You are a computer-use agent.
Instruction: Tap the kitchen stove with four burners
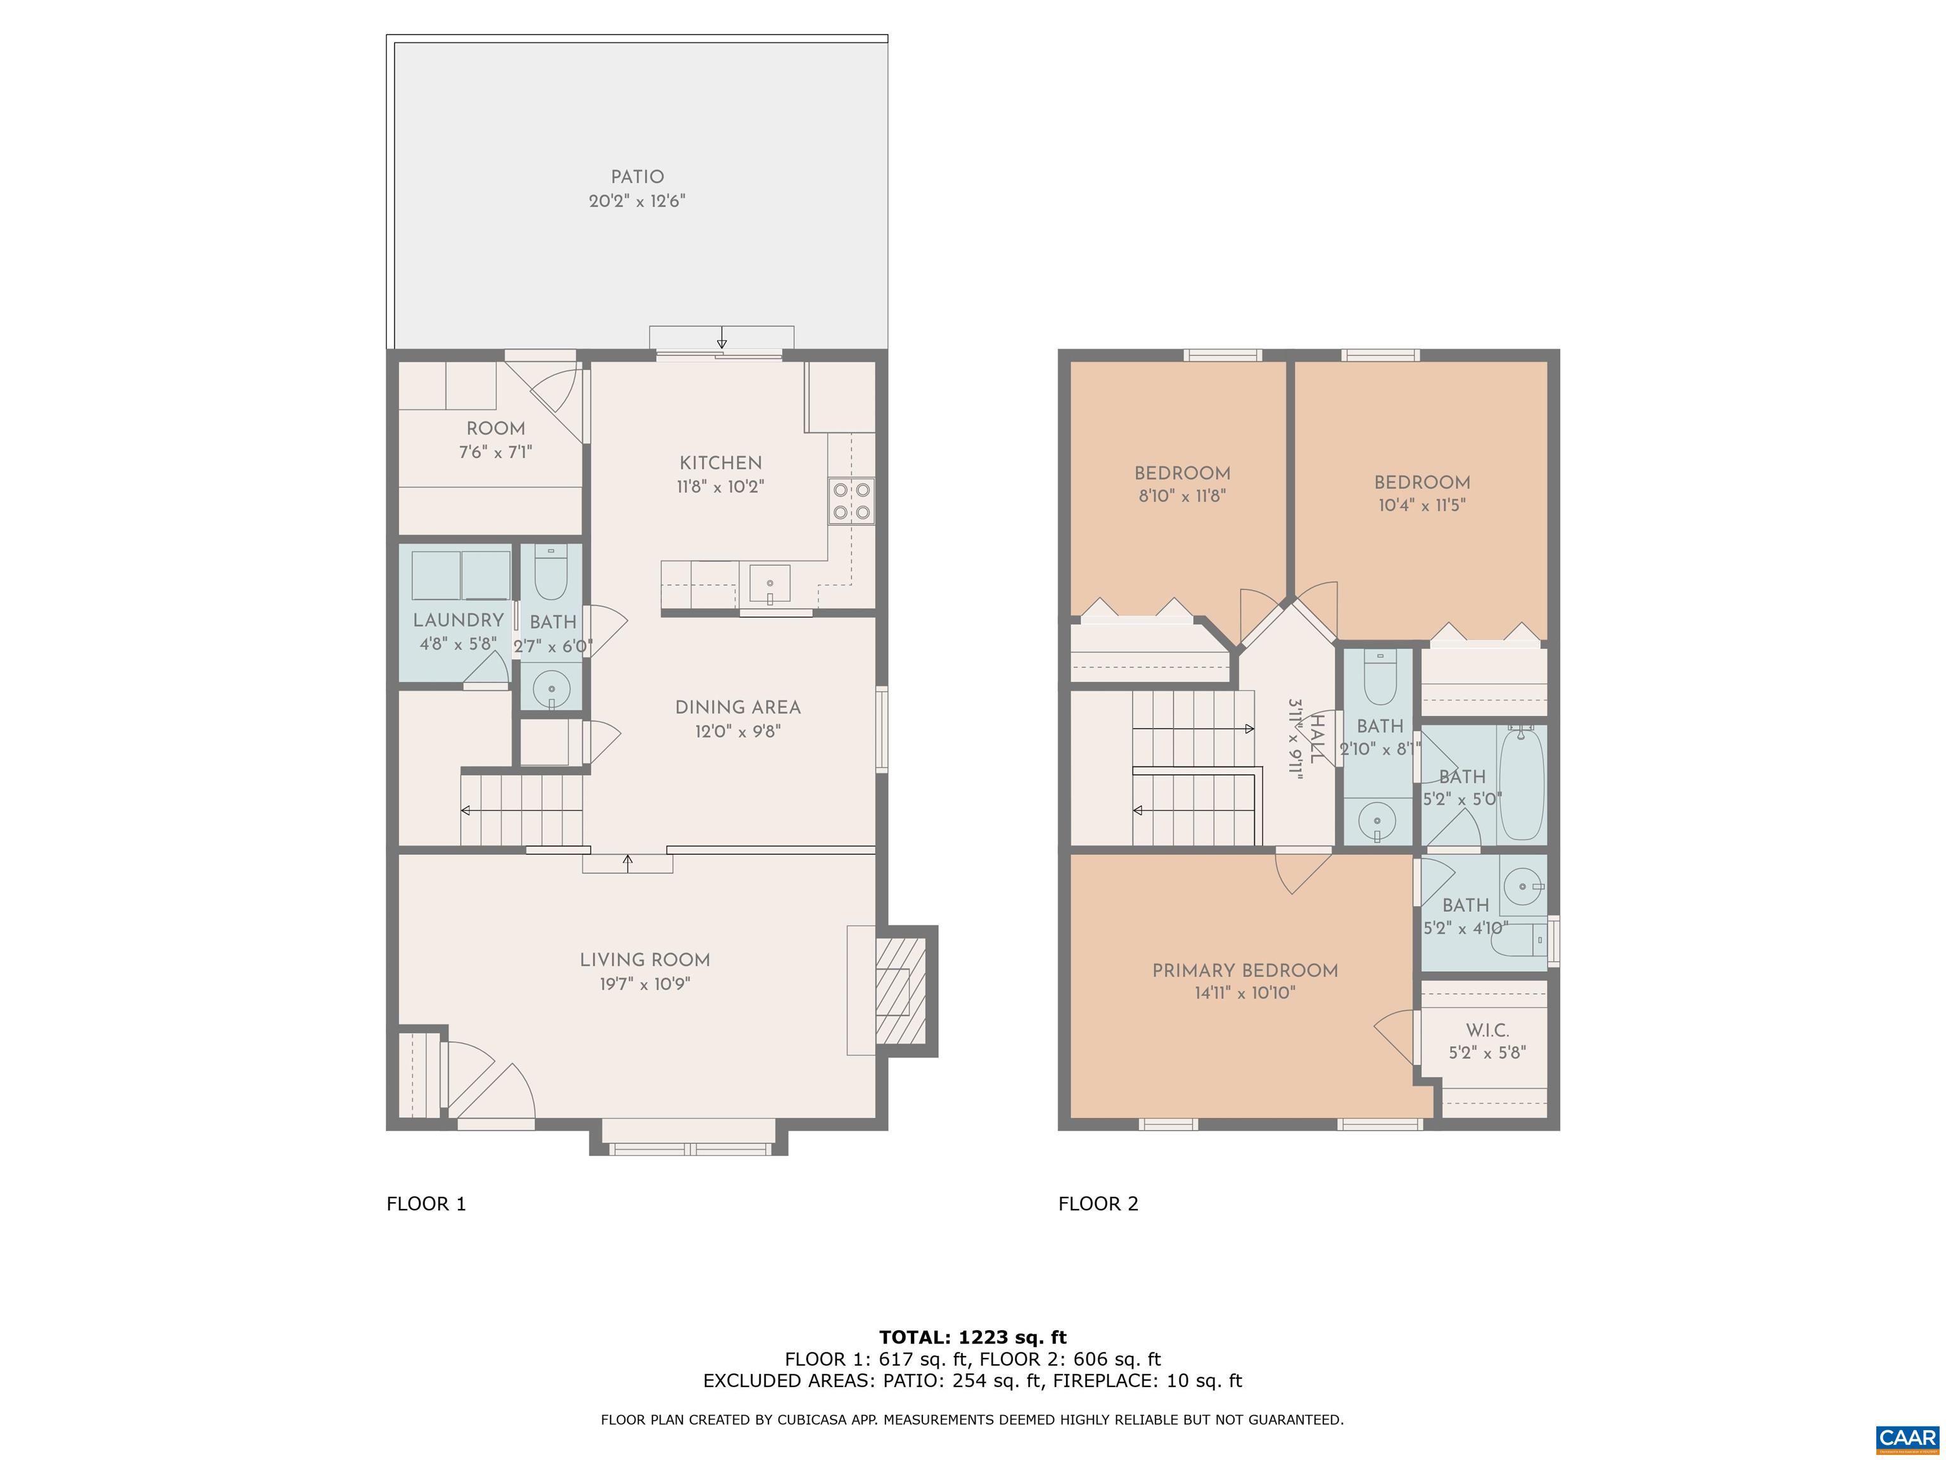[x=851, y=501]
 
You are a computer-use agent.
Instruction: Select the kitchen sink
[x=770, y=584]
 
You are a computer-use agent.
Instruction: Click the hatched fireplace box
[x=901, y=991]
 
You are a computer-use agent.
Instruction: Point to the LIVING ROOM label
[x=644, y=960]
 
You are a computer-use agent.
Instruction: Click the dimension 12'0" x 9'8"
[x=737, y=731]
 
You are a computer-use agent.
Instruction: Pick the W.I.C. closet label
[x=1487, y=1030]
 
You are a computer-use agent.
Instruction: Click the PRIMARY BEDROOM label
[x=1245, y=971]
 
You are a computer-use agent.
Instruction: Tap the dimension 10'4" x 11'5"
[x=1421, y=506]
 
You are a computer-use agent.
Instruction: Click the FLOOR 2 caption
[x=1098, y=1204]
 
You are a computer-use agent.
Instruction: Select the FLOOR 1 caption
[x=426, y=1204]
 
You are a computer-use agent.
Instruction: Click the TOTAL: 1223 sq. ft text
[x=972, y=1338]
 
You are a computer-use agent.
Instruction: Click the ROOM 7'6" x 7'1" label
[x=495, y=440]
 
